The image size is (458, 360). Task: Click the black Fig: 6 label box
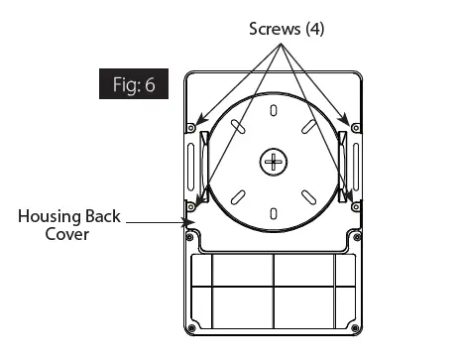point(134,83)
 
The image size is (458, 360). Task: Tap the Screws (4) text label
point(286,29)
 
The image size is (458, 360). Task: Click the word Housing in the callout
point(50,217)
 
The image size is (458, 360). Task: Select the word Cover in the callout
point(67,234)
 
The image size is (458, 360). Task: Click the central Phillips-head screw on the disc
point(274,162)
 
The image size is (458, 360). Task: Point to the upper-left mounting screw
point(191,128)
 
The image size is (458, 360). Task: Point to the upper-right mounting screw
point(356,128)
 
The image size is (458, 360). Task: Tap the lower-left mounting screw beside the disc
point(191,207)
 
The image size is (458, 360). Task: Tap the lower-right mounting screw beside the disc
point(356,207)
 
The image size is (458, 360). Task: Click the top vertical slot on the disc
point(274,110)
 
